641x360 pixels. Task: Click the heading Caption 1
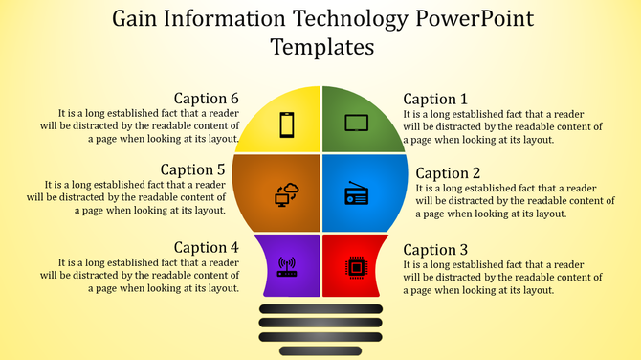coord(435,99)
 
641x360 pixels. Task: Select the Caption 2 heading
coord(448,173)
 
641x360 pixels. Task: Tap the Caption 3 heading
coord(435,249)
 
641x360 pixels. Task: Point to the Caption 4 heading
coord(206,247)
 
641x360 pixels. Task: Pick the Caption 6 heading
coord(206,98)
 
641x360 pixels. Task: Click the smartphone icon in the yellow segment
coord(286,124)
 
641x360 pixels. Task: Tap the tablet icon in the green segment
coord(356,123)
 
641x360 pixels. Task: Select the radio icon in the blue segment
coord(356,195)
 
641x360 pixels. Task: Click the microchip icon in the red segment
coord(355,266)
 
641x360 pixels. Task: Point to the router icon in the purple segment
coord(287,266)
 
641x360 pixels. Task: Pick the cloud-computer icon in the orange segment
coord(287,194)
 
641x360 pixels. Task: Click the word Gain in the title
coord(137,18)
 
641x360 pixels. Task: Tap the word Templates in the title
coord(321,46)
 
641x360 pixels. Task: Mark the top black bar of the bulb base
coord(320,308)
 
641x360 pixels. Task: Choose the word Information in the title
coord(230,18)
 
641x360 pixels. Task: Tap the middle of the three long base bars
coord(320,323)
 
